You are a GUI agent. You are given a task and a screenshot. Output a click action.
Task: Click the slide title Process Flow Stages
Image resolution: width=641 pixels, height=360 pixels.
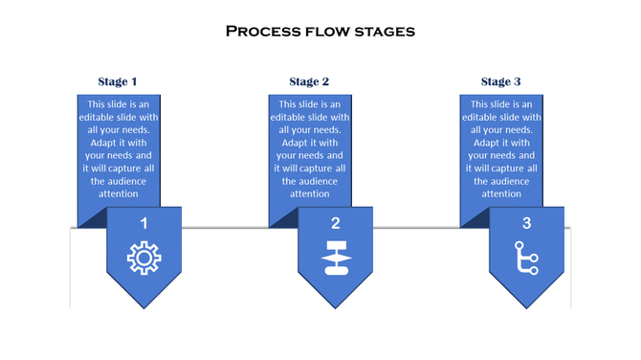click(320, 31)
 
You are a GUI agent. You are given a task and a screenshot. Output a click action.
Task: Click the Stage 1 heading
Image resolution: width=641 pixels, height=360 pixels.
click(118, 81)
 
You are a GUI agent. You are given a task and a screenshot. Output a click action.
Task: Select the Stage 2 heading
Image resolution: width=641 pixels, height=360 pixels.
click(309, 81)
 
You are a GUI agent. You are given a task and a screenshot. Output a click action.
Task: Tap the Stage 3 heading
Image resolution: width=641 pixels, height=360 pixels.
click(501, 81)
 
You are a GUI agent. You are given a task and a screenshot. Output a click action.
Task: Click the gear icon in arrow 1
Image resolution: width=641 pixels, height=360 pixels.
click(144, 259)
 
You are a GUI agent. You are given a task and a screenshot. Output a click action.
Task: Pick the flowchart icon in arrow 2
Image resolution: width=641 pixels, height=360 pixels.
click(335, 259)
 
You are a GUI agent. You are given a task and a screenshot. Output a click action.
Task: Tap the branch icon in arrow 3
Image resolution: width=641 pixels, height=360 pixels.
click(526, 259)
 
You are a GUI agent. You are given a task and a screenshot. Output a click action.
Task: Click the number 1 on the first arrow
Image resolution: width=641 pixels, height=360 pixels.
click(144, 223)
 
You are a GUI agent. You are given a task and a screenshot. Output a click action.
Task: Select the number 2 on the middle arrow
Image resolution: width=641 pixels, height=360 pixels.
click(335, 223)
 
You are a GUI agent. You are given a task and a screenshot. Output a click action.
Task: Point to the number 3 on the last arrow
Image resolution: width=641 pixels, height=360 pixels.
click(526, 223)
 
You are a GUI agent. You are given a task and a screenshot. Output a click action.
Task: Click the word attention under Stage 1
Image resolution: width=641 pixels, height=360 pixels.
click(119, 193)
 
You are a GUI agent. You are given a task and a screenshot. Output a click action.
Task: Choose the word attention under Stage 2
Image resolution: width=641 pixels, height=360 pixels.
click(310, 193)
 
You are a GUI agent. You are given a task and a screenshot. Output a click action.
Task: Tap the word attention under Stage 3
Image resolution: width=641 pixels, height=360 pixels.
click(501, 193)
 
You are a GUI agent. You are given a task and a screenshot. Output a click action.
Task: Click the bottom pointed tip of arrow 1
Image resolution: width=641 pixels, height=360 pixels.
click(144, 305)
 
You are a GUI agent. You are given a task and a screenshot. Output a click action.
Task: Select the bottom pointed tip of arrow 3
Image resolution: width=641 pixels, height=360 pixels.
click(526, 305)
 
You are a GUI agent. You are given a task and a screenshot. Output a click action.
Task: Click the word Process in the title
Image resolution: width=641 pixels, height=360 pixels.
click(260, 31)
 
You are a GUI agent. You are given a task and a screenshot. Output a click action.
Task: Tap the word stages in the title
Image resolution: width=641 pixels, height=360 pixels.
click(386, 31)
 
